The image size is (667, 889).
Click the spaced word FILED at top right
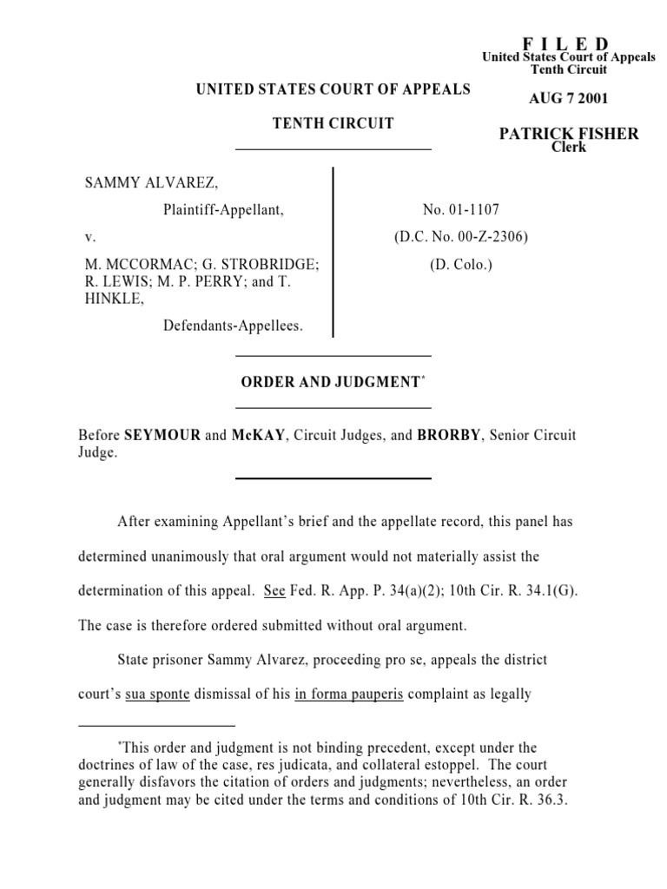click(x=565, y=44)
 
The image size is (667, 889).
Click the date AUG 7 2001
click(x=569, y=98)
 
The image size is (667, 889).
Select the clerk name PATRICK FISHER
click(x=569, y=134)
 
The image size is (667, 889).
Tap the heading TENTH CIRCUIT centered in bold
click(x=333, y=123)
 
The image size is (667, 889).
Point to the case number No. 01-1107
click(x=460, y=209)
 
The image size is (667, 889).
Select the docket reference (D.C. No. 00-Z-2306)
click(x=460, y=236)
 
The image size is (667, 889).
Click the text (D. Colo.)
click(x=460, y=265)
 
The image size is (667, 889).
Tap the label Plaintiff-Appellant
click(x=223, y=209)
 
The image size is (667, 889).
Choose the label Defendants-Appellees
click(x=233, y=326)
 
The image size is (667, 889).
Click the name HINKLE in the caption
click(x=109, y=298)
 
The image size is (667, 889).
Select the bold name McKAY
click(x=258, y=435)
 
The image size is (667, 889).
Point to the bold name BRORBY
click(x=448, y=435)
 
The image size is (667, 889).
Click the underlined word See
click(x=274, y=590)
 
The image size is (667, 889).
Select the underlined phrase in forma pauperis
click(x=349, y=695)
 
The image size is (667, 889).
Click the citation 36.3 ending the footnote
click(x=551, y=801)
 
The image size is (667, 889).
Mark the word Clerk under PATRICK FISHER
click(x=569, y=148)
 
